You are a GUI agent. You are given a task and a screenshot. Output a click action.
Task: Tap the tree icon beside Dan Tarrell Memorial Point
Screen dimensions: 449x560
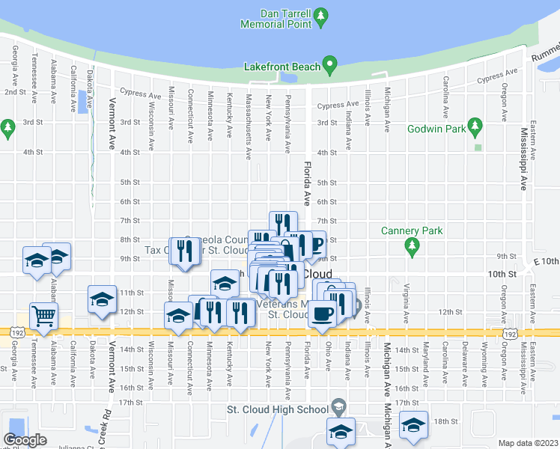click(321, 15)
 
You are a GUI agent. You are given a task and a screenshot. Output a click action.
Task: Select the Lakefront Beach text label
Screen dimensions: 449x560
click(281, 67)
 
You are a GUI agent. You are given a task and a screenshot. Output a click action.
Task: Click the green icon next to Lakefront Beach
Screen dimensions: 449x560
click(329, 67)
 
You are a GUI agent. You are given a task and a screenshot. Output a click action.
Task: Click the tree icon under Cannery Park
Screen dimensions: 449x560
click(410, 245)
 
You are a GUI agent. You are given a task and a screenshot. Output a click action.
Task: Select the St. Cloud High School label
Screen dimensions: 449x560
click(278, 409)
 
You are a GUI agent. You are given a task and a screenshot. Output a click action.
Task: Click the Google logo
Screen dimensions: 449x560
click(25, 440)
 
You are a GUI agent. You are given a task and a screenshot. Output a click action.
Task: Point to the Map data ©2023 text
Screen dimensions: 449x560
click(528, 443)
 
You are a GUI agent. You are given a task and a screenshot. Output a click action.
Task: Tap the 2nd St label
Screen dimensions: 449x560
click(14, 91)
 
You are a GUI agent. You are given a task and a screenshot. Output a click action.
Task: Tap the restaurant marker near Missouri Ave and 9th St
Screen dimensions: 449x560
click(183, 250)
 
